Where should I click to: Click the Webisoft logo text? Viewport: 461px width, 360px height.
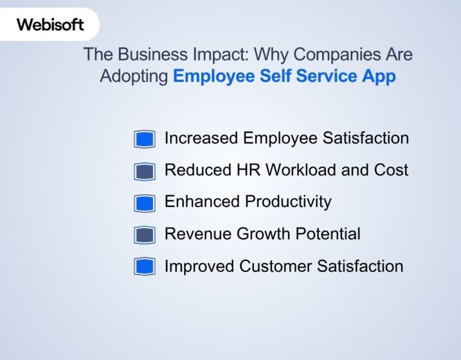click(x=50, y=25)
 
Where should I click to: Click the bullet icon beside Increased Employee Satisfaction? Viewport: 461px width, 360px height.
click(x=145, y=139)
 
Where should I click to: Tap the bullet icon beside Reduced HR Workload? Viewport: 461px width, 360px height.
click(x=145, y=171)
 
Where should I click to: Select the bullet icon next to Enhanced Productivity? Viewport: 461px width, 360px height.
click(x=145, y=203)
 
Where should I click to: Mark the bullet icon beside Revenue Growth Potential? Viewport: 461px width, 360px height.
click(x=145, y=235)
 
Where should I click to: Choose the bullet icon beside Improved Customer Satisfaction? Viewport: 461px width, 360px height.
click(x=145, y=266)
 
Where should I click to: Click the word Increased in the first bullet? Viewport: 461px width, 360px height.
click(x=201, y=138)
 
